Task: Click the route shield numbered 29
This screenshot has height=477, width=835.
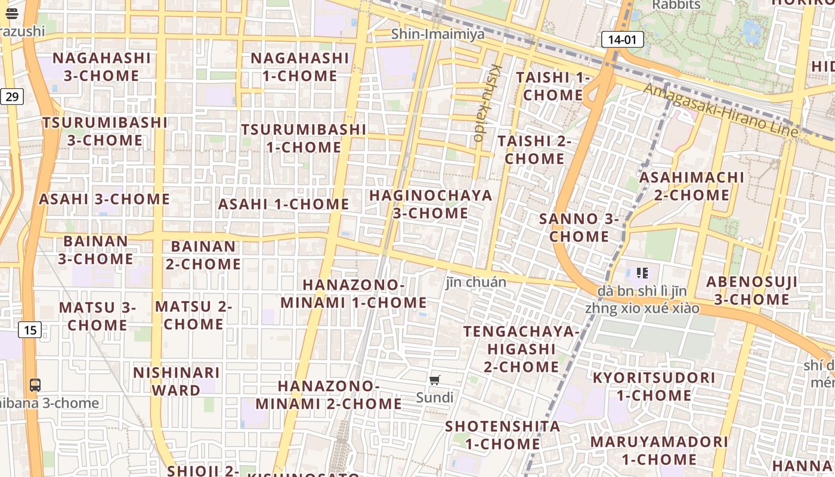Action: pos(12,96)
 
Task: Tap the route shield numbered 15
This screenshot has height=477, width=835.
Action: pos(30,329)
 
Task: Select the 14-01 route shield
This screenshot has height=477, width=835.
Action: pos(623,40)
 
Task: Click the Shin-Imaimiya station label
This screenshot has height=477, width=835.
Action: pos(438,34)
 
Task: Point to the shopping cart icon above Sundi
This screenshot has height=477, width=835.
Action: pos(435,380)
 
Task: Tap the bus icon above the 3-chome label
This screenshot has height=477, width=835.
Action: pos(35,385)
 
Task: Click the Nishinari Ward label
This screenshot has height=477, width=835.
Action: pos(176,382)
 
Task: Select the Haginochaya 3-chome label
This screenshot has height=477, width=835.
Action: pos(431,204)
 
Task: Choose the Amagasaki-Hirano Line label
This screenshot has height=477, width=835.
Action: pos(720,110)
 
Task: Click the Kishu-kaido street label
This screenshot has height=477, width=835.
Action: pos(488,103)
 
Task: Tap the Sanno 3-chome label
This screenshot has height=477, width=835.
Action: pos(579,228)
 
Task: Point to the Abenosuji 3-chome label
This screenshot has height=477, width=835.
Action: pos(751,290)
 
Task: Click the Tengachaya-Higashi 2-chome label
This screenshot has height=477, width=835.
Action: pos(521,349)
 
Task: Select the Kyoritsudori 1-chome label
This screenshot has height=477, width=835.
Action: pos(654,386)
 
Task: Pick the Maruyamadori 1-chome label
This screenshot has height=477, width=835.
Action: pos(659,450)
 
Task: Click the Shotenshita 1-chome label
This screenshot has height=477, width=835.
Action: pos(502,435)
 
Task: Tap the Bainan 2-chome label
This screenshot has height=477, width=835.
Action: pos(203,255)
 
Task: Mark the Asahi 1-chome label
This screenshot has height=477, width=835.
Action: pos(283,204)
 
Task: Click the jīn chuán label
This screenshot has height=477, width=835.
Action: pos(476,282)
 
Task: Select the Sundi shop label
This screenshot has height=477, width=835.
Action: pos(435,397)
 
